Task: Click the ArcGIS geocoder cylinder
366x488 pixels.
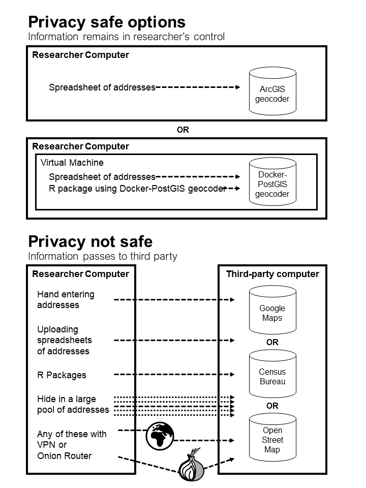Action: click(272, 93)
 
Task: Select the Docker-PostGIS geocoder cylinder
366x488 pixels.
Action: click(272, 184)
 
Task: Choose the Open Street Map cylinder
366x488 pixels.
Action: click(272, 440)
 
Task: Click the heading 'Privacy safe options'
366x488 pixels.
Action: click(107, 22)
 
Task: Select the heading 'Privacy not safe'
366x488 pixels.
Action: click(90, 241)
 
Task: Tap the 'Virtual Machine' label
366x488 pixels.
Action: click(72, 163)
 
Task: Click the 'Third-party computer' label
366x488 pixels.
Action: click(272, 274)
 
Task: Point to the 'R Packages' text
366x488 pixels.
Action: click(62, 375)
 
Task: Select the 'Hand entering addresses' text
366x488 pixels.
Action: click(66, 300)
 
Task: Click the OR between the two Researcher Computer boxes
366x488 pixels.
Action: click(183, 130)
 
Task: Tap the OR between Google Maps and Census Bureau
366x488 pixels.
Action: click(272, 342)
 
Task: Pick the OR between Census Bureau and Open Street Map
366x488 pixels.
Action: click(272, 406)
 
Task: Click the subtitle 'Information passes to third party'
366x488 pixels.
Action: click(103, 256)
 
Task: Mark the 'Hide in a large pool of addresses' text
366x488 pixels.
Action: click(73, 404)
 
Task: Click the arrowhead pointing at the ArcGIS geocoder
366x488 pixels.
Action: click(237, 87)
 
